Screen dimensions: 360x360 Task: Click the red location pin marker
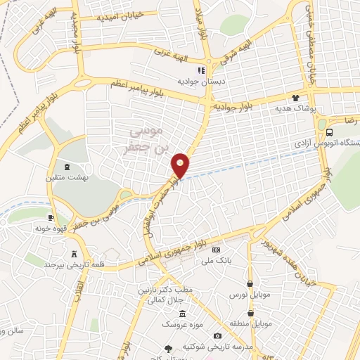click(181, 165)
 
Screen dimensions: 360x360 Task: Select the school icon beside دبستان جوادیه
click(200, 70)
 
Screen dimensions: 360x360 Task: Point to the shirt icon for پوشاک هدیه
click(295, 99)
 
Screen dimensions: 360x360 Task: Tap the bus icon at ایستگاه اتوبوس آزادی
click(330, 134)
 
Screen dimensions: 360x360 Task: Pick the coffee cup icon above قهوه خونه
click(50, 217)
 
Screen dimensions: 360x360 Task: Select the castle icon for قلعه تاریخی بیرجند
click(75, 254)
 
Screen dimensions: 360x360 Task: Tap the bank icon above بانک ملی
click(217, 250)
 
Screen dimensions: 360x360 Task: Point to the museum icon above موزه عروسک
click(183, 314)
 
